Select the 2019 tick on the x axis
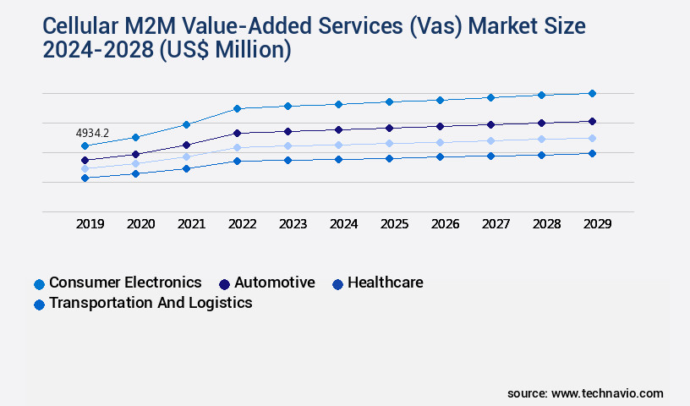tap(90, 224)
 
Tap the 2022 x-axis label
tap(242, 224)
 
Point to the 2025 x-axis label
tap(394, 224)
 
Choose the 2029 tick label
tap(597, 224)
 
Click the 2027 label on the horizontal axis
tap(496, 224)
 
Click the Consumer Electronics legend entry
tap(125, 283)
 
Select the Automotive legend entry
tap(274, 283)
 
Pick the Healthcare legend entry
tap(385, 283)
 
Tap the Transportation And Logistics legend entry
tap(150, 303)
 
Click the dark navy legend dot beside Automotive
tap(225, 283)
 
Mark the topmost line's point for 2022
tap(237, 108)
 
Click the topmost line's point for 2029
tap(592, 93)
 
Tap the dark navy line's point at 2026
tap(440, 126)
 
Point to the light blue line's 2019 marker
tap(85, 169)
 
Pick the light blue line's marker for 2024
tap(338, 145)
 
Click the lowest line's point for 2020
tap(135, 173)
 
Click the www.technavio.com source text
tap(607, 393)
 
